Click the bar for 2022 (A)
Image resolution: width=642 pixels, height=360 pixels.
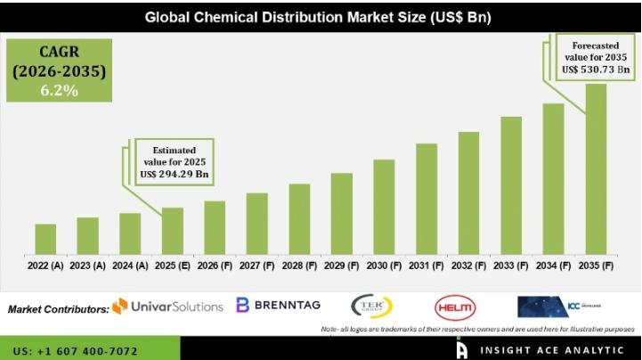tap(45, 239)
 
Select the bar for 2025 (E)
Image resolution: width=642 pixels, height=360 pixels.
tap(173, 231)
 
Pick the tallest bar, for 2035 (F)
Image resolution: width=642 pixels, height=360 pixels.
tap(596, 169)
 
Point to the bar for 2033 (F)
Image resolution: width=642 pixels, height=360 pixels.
tap(511, 185)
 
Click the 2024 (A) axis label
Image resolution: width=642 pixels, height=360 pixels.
tap(130, 266)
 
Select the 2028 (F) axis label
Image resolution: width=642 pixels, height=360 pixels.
tap(299, 266)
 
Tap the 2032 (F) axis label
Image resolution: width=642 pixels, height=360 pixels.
tap(468, 266)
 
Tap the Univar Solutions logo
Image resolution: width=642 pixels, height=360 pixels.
tap(167, 306)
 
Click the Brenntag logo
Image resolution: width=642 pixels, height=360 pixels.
tap(279, 305)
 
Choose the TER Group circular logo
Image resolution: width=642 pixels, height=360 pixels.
tap(372, 306)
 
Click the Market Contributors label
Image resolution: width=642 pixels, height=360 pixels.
tap(58, 309)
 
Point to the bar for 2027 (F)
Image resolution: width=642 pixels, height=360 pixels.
tap(257, 223)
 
